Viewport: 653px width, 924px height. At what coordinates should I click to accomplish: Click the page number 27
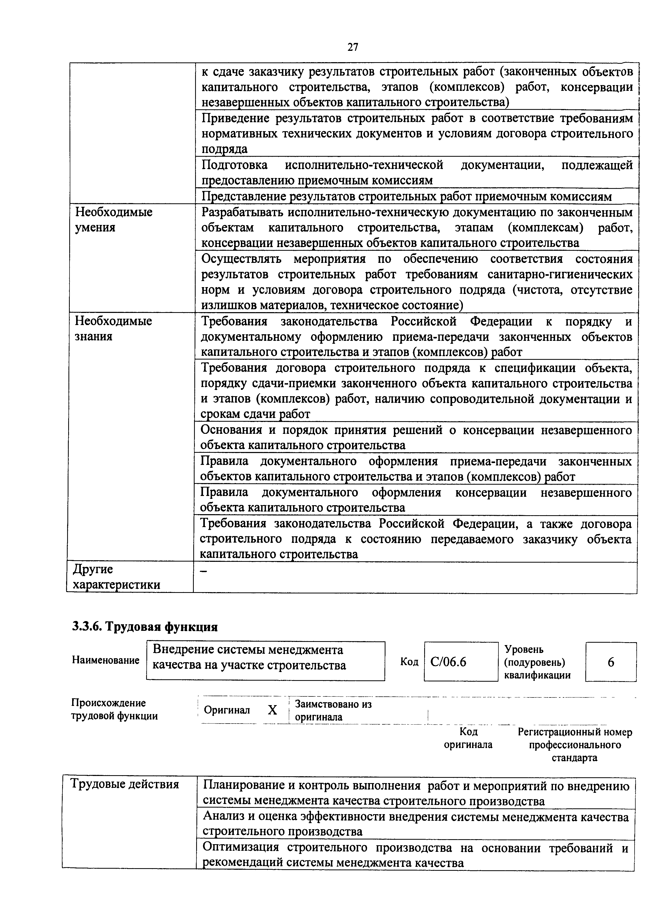pos(353,47)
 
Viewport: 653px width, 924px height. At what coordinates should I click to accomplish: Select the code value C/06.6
pos(448,662)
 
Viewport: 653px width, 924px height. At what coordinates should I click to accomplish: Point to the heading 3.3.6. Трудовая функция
pos(145,627)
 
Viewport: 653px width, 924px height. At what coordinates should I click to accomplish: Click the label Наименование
pos(105,660)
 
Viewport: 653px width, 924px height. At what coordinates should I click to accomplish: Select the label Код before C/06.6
pos(409,662)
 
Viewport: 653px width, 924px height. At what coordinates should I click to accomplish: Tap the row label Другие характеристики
pos(116,577)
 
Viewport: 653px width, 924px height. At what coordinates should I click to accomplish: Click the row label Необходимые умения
pos(113,219)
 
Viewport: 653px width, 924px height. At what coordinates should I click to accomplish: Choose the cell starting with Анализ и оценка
pos(415,824)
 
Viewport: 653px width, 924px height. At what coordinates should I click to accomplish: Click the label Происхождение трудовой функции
pos(114,710)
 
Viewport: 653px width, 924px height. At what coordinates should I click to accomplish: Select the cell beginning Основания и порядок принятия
pos(415,438)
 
